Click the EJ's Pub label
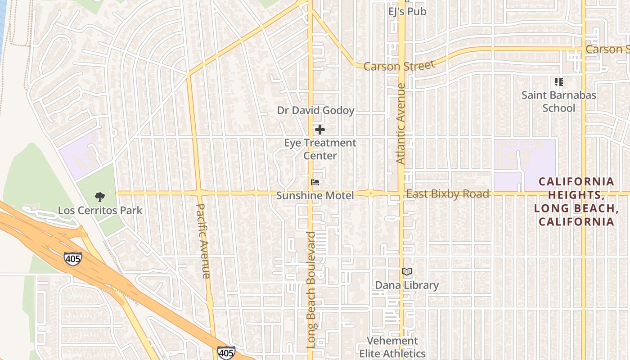pyautogui.click(x=407, y=11)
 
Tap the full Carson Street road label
pyautogui.click(x=399, y=66)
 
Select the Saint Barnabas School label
pyautogui.click(x=558, y=102)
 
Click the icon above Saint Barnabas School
pyautogui.click(x=558, y=82)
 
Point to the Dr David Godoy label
pyautogui.click(x=315, y=110)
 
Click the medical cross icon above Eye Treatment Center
pyautogui.click(x=320, y=130)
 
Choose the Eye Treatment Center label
pyautogui.click(x=320, y=149)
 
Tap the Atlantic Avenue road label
pyautogui.click(x=401, y=123)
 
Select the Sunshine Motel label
pyautogui.click(x=315, y=195)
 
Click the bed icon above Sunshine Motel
pyautogui.click(x=315, y=182)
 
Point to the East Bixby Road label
pyautogui.click(x=447, y=194)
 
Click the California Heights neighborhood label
pyautogui.click(x=576, y=201)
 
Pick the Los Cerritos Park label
pyautogui.click(x=100, y=210)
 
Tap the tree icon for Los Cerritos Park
pyautogui.click(x=100, y=197)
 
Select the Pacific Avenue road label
pyautogui.click(x=203, y=241)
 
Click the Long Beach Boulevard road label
pyautogui.click(x=311, y=290)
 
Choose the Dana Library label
pyautogui.click(x=407, y=285)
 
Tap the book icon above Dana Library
pyautogui.click(x=407, y=272)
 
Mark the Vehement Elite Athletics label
pyautogui.click(x=392, y=347)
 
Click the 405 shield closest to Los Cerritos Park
pyautogui.click(x=72, y=259)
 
